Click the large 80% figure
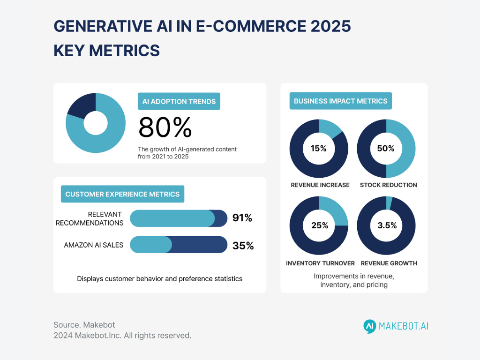point(165,127)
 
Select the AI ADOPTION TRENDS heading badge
point(180,101)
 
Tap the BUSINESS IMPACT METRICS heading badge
point(340,101)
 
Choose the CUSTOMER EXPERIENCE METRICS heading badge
point(122,194)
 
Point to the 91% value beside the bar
point(242,218)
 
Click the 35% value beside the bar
point(243,245)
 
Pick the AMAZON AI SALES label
point(94,245)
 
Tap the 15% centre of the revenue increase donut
point(319,149)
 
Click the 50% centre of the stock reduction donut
point(386,149)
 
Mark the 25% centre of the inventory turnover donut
point(319,225)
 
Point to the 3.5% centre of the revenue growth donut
point(387,225)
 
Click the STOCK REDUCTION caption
point(388,185)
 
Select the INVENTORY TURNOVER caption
point(320,263)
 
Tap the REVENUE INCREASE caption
point(320,185)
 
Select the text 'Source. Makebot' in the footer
point(84,325)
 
